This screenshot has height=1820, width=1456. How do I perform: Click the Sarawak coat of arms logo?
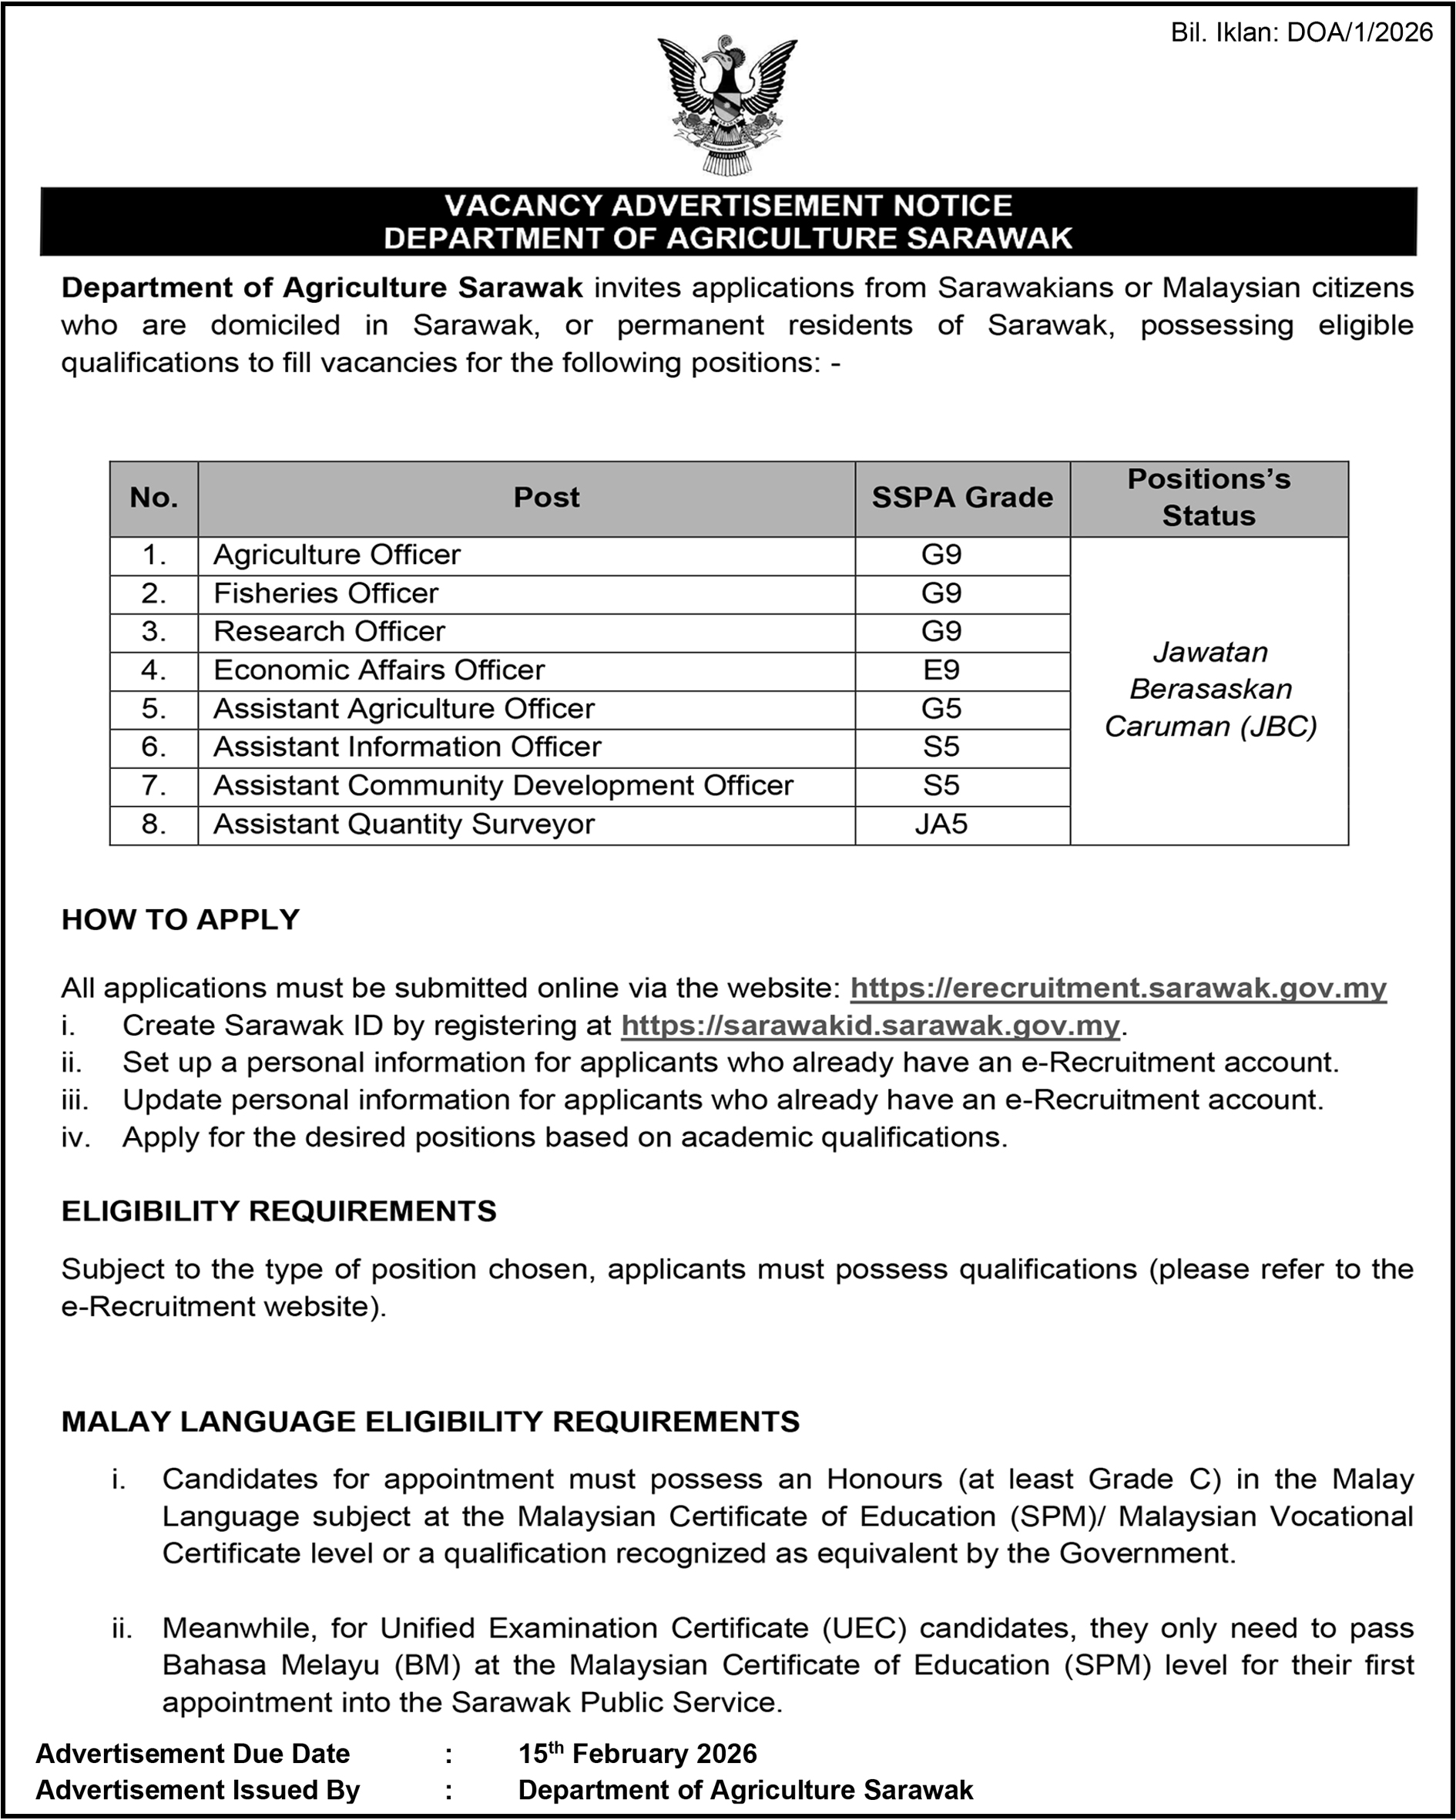pos(726,105)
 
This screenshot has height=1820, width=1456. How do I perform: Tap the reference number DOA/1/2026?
pos(1359,33)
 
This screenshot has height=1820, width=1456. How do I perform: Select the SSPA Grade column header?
pos(961,498)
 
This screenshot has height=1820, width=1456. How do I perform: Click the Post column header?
pos(546,498)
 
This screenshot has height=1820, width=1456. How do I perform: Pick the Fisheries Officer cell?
pos(326,593)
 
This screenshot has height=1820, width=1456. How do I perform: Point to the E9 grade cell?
pos(941,670)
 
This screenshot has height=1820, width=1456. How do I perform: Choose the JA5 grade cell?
pos(941,824)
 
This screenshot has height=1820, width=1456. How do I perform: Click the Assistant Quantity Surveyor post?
pos(404,824)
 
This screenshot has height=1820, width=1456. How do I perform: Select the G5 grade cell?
pos(941,708)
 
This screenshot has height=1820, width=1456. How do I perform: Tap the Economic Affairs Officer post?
pos(379,670)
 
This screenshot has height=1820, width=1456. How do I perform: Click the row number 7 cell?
pos(153,786)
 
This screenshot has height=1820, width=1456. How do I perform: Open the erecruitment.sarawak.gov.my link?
pos(1118,988)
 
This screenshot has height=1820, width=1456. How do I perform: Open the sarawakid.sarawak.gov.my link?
pos(870,1026)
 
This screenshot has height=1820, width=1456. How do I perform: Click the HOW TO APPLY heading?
pos(180,919)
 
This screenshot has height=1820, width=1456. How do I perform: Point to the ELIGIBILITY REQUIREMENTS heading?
pos(279,1211)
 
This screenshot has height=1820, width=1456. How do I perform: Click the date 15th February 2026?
pos(637,1755)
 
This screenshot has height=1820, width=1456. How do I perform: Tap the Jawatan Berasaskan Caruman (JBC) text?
pos(1210,690)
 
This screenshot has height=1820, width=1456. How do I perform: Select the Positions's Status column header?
pos(1209,498)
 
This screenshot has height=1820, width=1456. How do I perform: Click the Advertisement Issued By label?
pos(197,1791)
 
